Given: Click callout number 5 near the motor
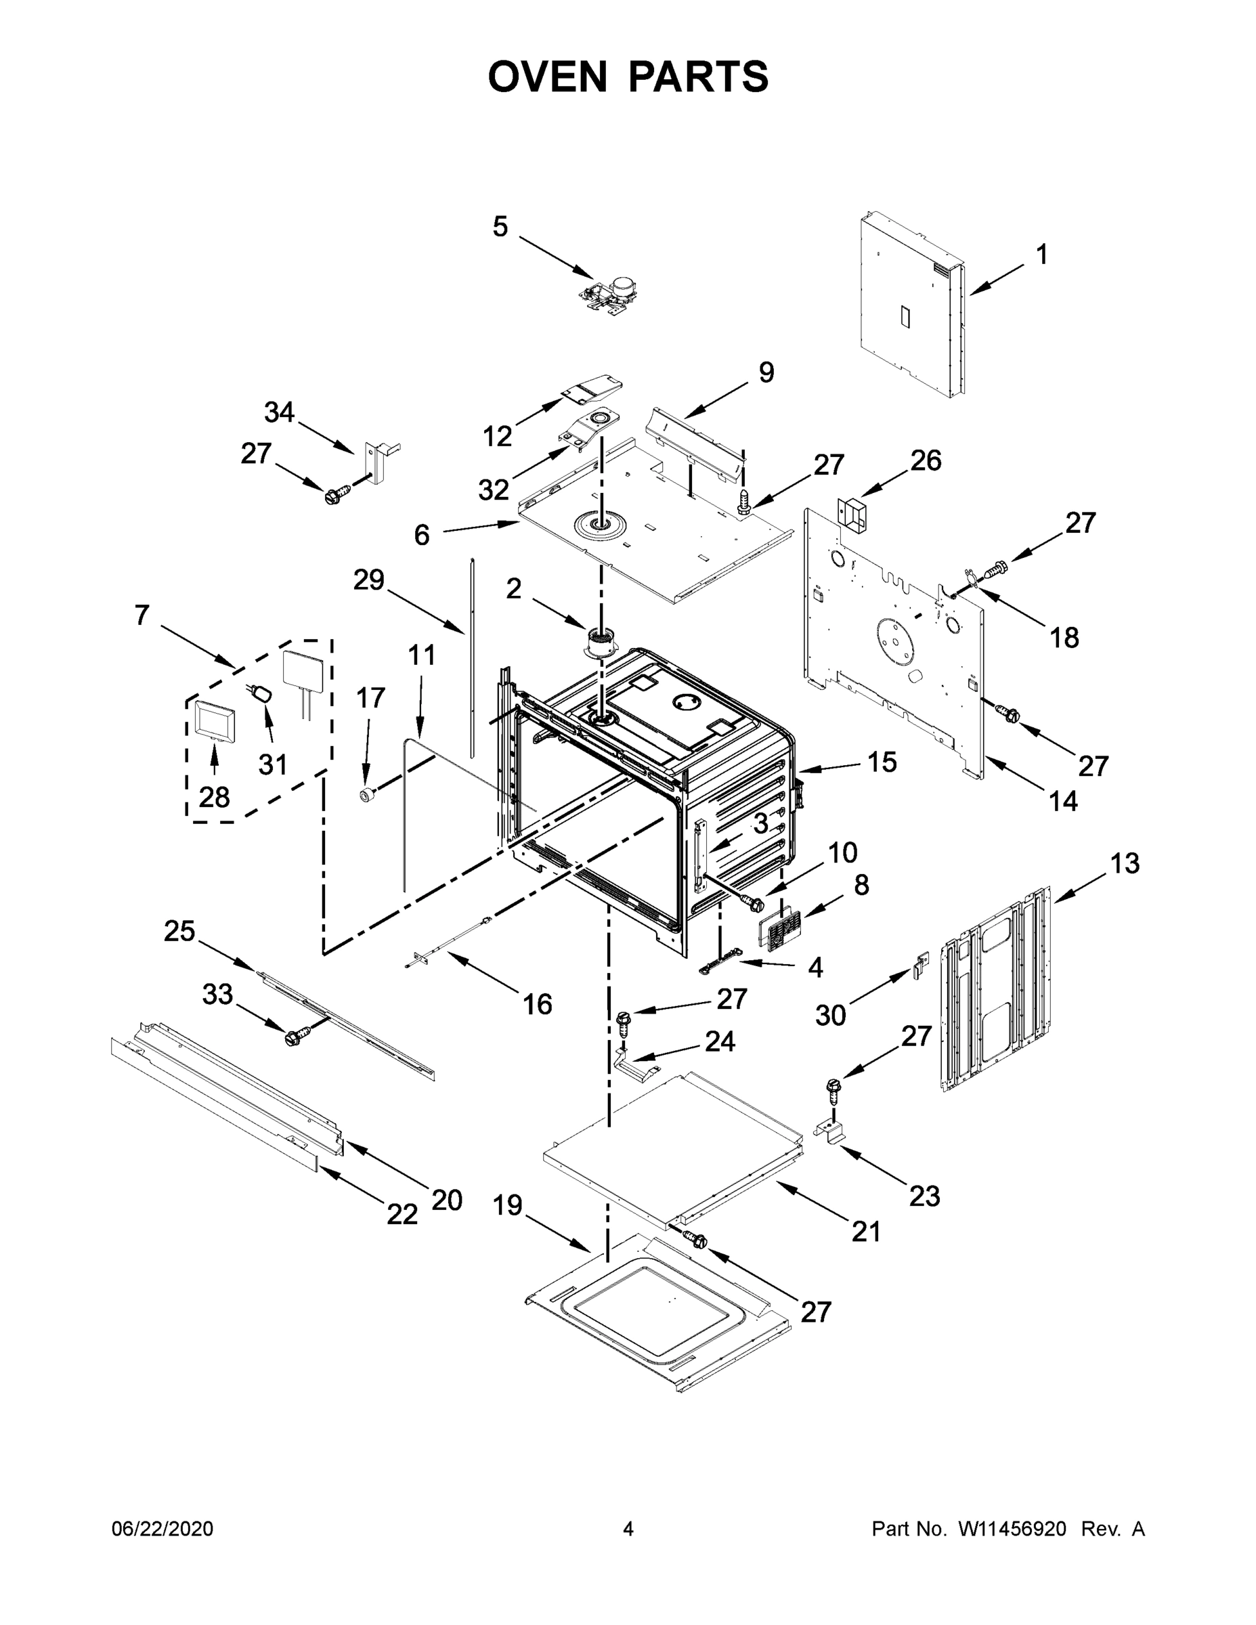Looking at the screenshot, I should point(500,227).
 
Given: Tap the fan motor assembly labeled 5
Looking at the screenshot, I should point(611,292).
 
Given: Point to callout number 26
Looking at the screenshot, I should point(926,460).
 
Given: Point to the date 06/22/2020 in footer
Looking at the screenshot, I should point(163,1528).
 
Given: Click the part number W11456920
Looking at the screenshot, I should point(1012,1528).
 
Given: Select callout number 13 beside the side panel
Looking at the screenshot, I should point(1124,864).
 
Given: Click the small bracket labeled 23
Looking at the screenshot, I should point(833,1131).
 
